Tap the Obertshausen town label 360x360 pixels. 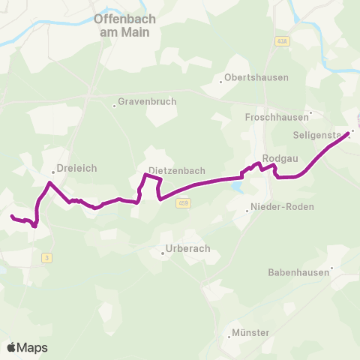[x=256, y=78]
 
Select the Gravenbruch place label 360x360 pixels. [x=140, y=105]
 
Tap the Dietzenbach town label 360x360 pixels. [x=177, y=171]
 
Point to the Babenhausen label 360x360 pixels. [x=298, y=273]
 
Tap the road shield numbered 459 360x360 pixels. [x=183, y=202]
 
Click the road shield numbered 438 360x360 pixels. [x=282, y=41]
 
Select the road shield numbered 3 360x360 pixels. [x=46, y=258]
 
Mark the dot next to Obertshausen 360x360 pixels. [x=221, y=82]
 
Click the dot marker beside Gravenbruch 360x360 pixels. [x=114, y=106]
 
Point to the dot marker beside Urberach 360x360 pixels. [x=163, y=253]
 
